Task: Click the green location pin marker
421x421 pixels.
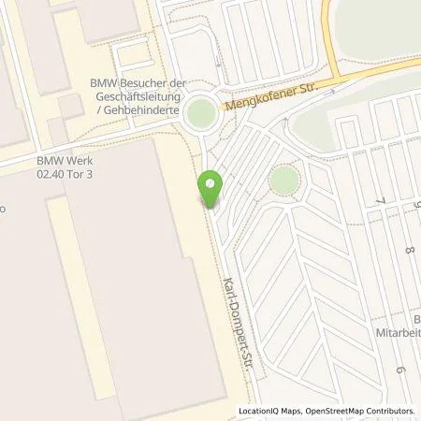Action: pyautogui.click(x=210, y=190)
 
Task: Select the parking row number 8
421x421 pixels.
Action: pyautogui.click(x=410, y=250)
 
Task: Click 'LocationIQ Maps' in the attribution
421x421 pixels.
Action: pyautogui.click(x=268, y=410)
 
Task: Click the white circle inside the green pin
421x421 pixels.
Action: pyautogui.click(x=210, y=184)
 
